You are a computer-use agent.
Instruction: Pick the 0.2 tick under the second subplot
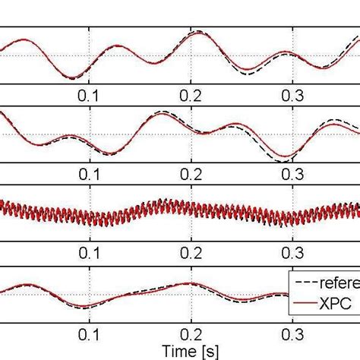point(191,173)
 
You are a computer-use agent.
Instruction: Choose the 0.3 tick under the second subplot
point(292,173)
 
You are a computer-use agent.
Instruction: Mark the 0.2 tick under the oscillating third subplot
point(191,252)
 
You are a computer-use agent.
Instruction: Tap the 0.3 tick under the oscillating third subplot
point(292,252)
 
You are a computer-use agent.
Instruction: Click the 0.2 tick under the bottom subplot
point(191,332)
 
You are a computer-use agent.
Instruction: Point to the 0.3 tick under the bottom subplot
point(292,332)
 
